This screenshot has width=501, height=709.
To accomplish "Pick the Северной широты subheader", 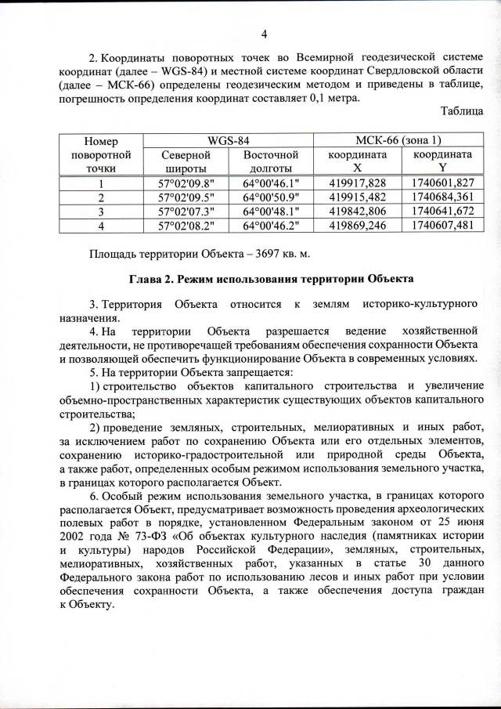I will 185,161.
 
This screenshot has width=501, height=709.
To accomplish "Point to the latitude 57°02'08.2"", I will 185,226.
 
